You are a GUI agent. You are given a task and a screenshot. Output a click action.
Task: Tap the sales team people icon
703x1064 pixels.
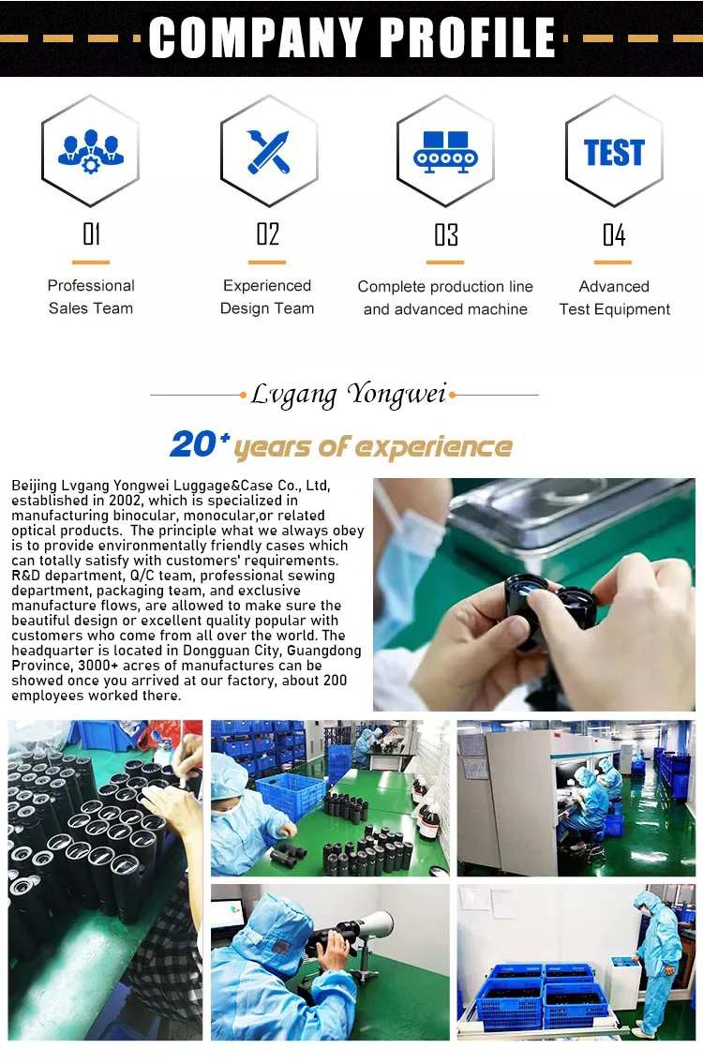pos(91,151)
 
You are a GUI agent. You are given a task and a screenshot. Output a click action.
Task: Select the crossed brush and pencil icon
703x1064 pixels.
pos(269,151)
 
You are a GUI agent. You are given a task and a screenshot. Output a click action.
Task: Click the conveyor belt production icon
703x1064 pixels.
pos(445,151)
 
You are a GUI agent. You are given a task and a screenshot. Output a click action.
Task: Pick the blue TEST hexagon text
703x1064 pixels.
pos(614,152)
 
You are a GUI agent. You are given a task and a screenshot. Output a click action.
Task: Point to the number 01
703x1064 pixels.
pos(92,234)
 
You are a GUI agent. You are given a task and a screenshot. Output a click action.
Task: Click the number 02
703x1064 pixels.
pos(268,234)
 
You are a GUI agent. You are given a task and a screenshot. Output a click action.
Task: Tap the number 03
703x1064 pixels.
pos(446,234)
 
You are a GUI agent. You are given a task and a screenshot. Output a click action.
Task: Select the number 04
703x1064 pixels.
pos(614,234)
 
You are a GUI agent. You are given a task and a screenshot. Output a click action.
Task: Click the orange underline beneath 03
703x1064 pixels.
pos(445,262)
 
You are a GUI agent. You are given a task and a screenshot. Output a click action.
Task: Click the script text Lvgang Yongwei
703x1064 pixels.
pos(349,395)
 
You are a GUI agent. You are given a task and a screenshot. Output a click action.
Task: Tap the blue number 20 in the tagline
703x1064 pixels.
pos(193,444)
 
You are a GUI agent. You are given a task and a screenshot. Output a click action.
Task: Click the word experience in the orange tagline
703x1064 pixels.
pos(434,448)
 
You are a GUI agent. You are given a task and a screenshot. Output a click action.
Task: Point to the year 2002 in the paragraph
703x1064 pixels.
pos(124,501)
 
